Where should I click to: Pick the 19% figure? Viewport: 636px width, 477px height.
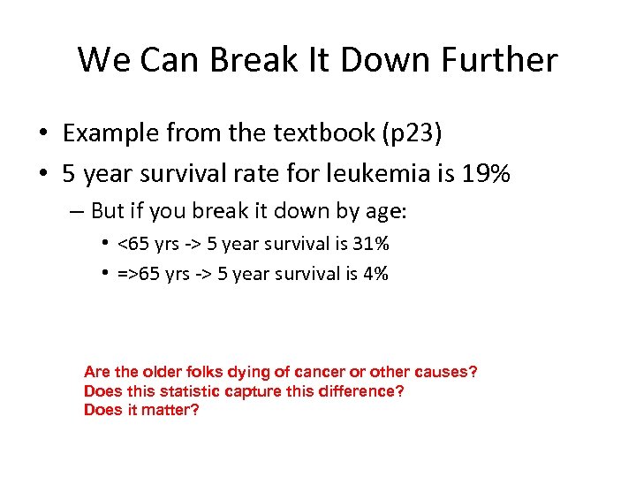(486, 174)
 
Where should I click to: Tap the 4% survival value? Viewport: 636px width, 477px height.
(374, 274)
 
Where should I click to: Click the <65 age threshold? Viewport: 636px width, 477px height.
(133, 243)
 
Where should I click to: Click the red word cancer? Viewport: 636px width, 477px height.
(300, 372)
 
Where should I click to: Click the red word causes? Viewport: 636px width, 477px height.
(446, 372)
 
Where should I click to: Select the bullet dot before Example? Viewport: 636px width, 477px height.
(42, 133)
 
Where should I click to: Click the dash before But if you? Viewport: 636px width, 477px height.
(78, 211)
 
